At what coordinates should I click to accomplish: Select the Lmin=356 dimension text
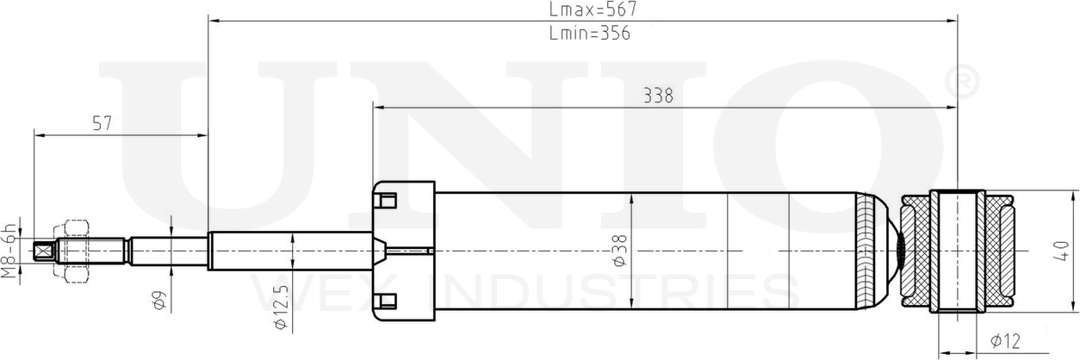[590, 34]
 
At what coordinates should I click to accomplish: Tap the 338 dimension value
[658, 96]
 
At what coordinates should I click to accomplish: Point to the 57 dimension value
[102, 123]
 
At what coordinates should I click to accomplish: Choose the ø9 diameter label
[158, 301]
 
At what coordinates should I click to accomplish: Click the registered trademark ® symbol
[961, 82]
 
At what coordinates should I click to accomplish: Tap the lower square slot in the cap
[387, 301]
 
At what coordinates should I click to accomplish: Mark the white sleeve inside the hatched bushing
[957, 251]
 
